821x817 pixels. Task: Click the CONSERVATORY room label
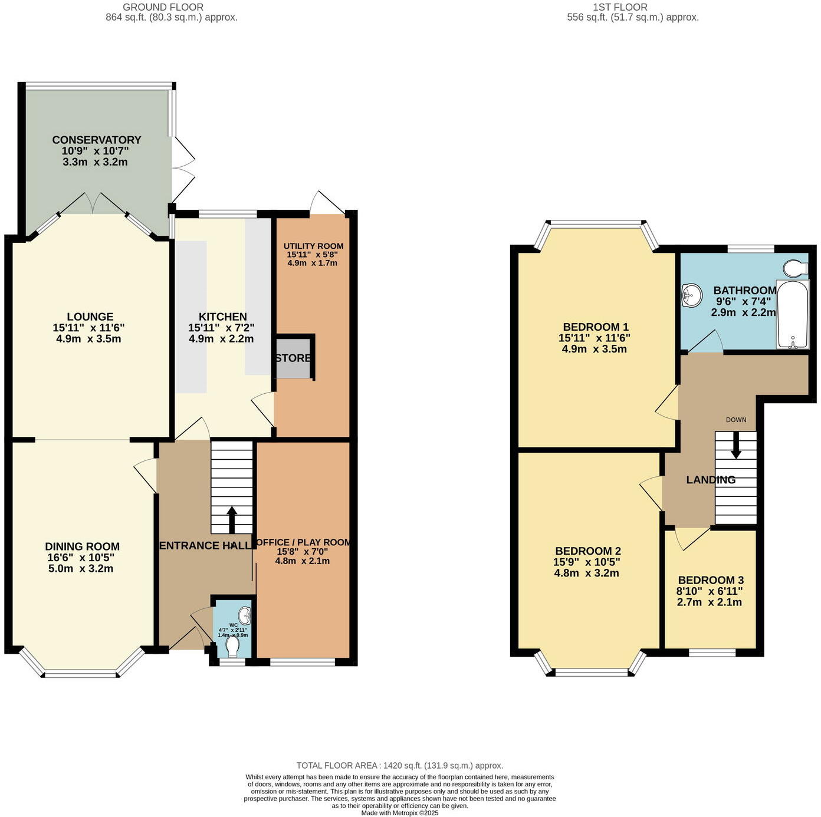coord(97,140)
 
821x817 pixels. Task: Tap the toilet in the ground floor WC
coord(233,646)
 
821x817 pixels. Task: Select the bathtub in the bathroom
coord(793,315)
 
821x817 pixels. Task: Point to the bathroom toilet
coord(796,269)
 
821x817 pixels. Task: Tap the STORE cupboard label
coord(293,358)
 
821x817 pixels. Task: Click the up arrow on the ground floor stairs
coord(232,519)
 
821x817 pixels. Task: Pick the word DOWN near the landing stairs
coord(736,420)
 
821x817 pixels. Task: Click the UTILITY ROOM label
coord(313,246)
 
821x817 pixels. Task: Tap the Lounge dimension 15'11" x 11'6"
coord(88,328)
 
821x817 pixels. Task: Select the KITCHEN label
coord(222,317)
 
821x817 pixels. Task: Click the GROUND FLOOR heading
coord(163,7)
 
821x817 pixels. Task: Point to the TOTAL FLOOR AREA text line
coord(399,766)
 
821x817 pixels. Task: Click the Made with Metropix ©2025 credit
coord(400,813)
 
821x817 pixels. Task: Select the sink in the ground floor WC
coord(246,616)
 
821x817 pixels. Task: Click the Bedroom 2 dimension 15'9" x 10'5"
coord(586,562)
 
